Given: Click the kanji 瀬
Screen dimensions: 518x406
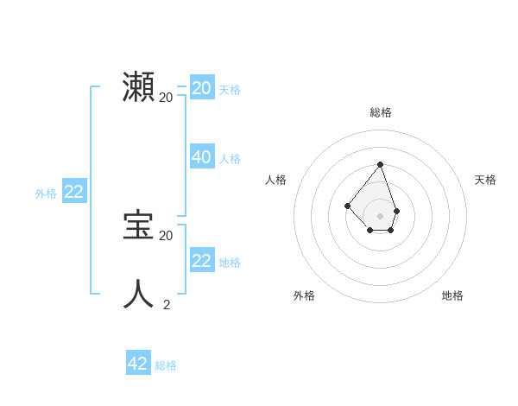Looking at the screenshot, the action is pyautogui.click(x=139, y=88).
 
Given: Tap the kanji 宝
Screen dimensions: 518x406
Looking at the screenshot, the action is pyautogui.click(x=139, y=225).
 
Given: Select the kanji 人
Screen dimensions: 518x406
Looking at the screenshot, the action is pyautogui.click(x=139, y=294).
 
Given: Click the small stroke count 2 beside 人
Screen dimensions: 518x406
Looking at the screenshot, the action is pyautogui.click(x=167, y=304).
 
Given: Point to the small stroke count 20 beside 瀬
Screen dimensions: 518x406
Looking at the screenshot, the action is pyautogui.click(x=167, y=98).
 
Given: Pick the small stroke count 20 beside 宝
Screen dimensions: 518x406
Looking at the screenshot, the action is pyautogui.click(x=167, y=235).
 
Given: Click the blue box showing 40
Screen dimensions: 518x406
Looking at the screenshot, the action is pyautogui.click(x=202, y=157).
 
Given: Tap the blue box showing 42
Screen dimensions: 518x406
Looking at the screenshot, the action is pyautogui.click(x=138, y=364).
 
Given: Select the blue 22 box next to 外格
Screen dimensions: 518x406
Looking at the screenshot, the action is pyautogui.click(x=73, y=192).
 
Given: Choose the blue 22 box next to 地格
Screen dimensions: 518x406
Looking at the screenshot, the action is pyautogui.click(x=202, y=261).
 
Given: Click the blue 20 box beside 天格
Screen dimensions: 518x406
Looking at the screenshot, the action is pyautogui.click(x=202, y=88).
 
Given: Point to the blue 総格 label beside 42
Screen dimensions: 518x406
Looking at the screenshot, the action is pyautogui.click(x=166, y=365).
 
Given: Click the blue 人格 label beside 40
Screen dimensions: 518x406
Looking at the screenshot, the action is pyautogui.click(x=230, y=159).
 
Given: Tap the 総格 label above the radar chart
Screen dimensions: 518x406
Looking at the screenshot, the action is pyautogui.click(x=381, y=112).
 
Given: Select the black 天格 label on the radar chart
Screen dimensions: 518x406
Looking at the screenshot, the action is pyautogui.click(x=485, y=180).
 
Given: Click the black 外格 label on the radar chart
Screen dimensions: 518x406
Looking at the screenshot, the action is pyautogui.click(x=304, y=295).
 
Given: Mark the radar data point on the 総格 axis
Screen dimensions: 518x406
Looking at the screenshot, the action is pyautogui.click(x=380, y=164).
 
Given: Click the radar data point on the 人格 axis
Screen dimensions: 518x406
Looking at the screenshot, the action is pyautogui.click(x=347, y=206).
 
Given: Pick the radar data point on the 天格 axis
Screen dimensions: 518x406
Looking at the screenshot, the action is pyautogui.click(x=396, y=211).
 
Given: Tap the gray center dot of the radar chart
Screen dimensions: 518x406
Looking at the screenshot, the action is pyautogui.click(x=380, y=216).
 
